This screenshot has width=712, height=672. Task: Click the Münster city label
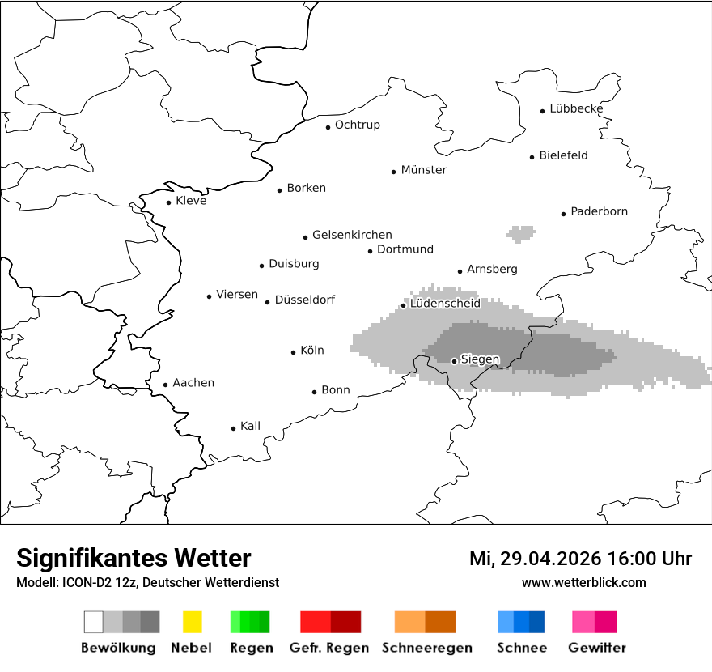click(x=424, y=170)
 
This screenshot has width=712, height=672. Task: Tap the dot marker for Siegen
click(x=454, y=361)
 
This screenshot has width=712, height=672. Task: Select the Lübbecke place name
click(x=576, y=108)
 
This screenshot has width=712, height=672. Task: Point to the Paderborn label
click(x=599, y=211)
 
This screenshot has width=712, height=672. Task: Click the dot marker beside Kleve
click(x=169, y=202)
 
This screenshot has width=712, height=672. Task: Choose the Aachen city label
click(x=193, y=383)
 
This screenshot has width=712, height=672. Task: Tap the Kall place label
click(x=250, y=426)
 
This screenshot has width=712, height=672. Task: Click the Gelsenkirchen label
click(x=352, y=235)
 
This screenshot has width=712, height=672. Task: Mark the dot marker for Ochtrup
click(x=328, y=126)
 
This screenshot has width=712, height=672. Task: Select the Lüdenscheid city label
click(x=445, y=304)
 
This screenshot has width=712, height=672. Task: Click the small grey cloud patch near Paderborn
click(x=521, y=234)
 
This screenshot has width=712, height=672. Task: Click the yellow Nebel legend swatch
click(x=193, y=622)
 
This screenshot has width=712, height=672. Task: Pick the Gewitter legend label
click(x=596, y=648)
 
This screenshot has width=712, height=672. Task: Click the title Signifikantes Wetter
click(x=133, y=558)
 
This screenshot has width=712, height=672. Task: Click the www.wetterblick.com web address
click(x=583, y=582)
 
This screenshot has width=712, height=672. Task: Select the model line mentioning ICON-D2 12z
click(x=147, y=583)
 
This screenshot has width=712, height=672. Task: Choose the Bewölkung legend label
click(x=118, y=648)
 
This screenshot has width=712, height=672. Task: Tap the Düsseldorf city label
click(x=304, y=300)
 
